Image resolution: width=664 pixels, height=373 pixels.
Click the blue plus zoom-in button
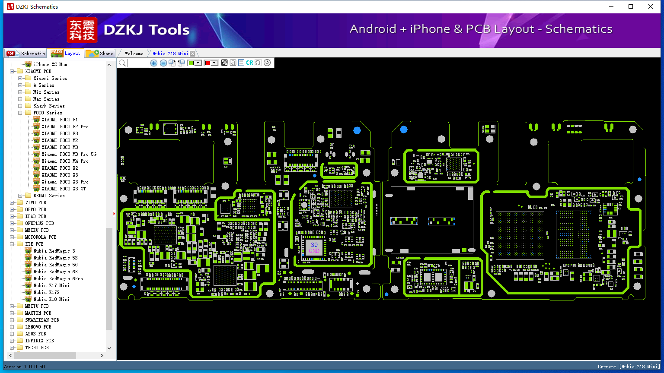pyautogui.click(x=154, y=63)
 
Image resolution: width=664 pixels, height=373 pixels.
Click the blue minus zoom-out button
pyautogui.click(x=163, y=63)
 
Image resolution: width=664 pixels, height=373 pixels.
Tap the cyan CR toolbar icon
pyautogui.click(x=249, y=63)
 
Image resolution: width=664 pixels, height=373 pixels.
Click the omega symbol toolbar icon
pyautogui.click(x=258, y=63)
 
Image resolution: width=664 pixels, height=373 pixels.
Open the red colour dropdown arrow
pyautogui.click(x=214, y=63)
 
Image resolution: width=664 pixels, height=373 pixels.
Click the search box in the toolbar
pyautogui.click(x=138, y=63)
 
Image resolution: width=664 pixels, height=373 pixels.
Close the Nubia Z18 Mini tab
pyautogui.click(x=193, y=54)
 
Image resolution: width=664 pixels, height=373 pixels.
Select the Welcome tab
pyautogui.click(x=134, y=54)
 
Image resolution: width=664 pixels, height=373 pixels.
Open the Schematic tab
pyautogui.click(x=26, y=53)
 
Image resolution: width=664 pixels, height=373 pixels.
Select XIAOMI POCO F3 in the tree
pyautogui.click(x=60, y=133)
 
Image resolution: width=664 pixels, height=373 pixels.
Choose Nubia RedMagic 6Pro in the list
pyautogui.click(x=58, y=278)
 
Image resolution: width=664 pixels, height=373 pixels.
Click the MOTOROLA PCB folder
pyautogui.click(x=41, y=237)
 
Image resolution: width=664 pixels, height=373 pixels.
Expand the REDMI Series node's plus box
pyautogui.click(x=20, y=196)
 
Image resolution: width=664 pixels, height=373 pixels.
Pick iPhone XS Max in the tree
pyautogui.click(x=51, y=64)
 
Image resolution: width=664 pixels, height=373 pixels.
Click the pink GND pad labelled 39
pyautogui.click(x=314, y=248)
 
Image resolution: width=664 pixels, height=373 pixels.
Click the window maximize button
pyautogui.click(x=631, y=6)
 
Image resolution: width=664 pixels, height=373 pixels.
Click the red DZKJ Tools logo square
pyautogui.click(x=82, y=30)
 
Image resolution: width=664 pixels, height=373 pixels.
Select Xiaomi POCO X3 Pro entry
pyautogui.click(x=65, y=182)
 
